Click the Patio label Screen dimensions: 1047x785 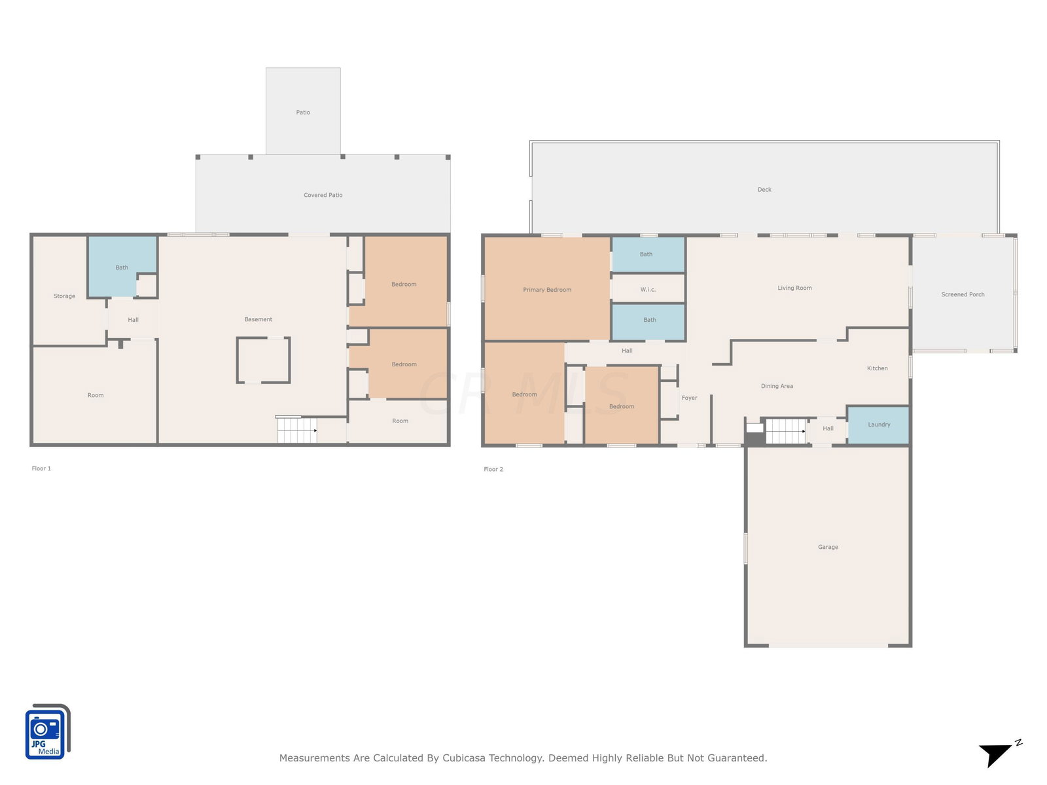tap(303, 113)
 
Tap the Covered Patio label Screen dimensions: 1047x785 tap(323, 195)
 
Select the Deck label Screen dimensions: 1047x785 tap(764, 190)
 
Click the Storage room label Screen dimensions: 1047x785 tap(64, 296)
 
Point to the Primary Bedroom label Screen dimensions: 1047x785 tap(546, 290)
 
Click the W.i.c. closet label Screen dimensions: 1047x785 tap(648, 289)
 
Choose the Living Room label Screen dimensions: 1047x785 tap(794, 288)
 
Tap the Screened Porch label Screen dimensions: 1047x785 tap(963, 294)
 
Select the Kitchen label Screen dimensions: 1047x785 tap(878, 368)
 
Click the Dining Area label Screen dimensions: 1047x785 tap(777, 386)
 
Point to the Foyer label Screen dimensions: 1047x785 tap(689, 398)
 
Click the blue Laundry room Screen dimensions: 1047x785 tap(878, 425)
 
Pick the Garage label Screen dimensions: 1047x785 tap(828, 547)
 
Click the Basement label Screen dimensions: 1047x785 tap(258, 319)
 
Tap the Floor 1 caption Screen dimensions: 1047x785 tap(41, 468)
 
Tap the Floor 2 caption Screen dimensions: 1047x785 tap(493, 470)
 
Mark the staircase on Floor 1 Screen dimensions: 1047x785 tap(297, 429)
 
